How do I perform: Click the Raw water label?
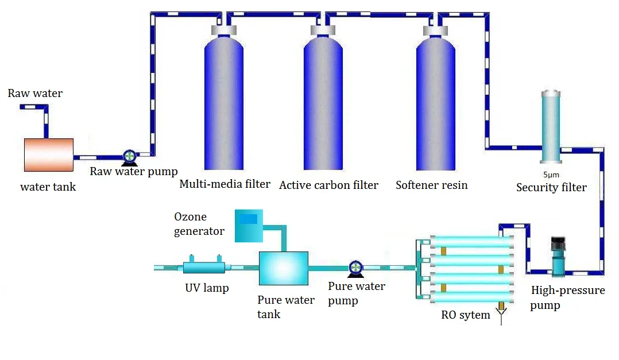pyautogui.click(x=35, y=93)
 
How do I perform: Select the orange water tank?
pyautogui.click(x=49, y=154)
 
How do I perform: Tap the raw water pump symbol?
pyautogui.click(x=130, y=156)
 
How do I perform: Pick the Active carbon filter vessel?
pyautogui.click(x=323, y=103)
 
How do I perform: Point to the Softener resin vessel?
pyautogui.click(x=435, y=103)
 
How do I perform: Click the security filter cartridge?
pyautogui.click(x=551, y=126)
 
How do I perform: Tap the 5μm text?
pyautogui.click(x=551, y=175)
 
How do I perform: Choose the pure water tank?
pyautogui.click(x=284, y=268)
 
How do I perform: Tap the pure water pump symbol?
pyautogui.click(x=355, y=267)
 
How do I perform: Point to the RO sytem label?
pyautogui.click(x=466, y=315)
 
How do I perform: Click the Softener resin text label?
pyautogui.click(x=431, y=185)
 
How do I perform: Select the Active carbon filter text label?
pyautogui.click(x=328, y=185)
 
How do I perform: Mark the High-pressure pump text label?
pyautogui.click(x=567, y=297)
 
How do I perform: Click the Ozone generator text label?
pyautogui.click(x=199, y=224)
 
